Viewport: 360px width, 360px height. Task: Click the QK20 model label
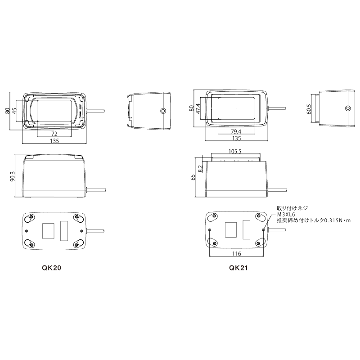(x=51, y=268)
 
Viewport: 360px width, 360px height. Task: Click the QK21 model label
(x=238, y=268)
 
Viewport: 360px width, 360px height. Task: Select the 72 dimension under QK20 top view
(x=54, y=134)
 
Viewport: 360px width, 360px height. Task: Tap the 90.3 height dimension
(x=13, y=176)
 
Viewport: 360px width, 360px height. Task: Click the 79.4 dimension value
(x=236, y=131)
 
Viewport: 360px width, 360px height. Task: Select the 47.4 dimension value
(x=198, y=111)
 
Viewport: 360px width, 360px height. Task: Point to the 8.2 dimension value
(x=200, y=168)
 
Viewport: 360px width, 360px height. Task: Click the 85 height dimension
(x=193, y=177)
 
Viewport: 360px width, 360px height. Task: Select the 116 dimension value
(x=236, y=254)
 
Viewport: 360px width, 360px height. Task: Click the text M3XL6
(x=286, y=215)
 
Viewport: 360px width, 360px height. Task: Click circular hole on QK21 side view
(x=347, y=108)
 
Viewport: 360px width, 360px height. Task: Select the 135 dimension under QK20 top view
(x=54, y=141)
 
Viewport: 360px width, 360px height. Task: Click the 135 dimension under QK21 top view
(x=236, y=138)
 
